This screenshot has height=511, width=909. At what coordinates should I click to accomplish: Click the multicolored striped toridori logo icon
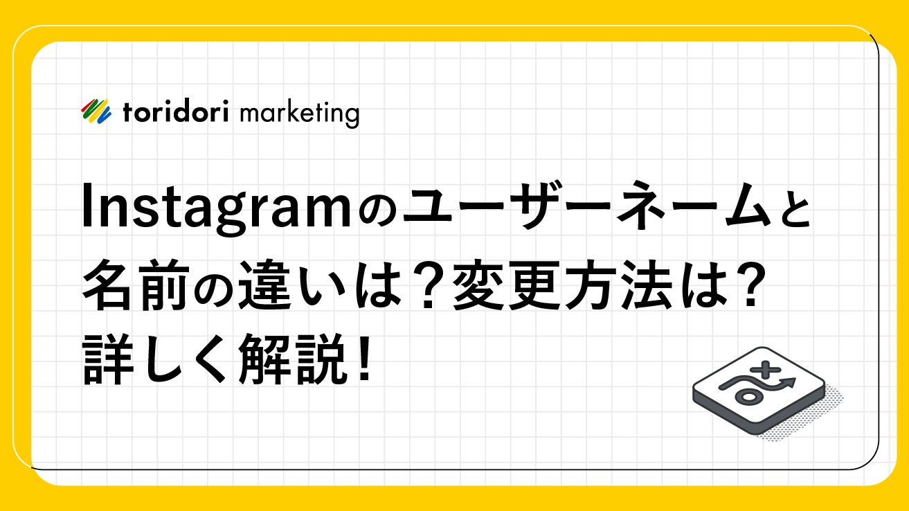point(96,111)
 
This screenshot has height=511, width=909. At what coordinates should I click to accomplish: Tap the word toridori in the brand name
point(175,111)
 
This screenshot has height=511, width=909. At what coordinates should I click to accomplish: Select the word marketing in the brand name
point(300,114)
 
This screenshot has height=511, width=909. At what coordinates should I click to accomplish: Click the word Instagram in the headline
point(216,209)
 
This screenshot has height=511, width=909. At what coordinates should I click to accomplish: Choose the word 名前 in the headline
point(136,285)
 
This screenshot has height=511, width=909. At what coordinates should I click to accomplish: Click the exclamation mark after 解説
point(365,357)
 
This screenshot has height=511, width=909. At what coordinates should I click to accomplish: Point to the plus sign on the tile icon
point(765,370)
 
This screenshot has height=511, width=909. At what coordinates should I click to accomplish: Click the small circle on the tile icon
point(748,397)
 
